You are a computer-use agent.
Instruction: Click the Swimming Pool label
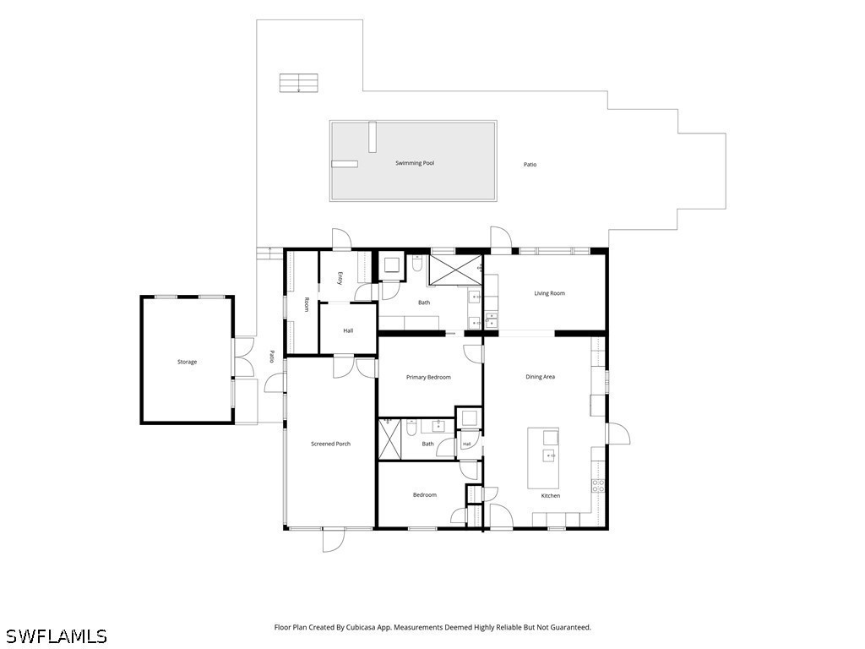[415, 163]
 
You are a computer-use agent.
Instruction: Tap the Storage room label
[187, 362]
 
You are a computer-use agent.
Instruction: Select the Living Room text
[549, 293]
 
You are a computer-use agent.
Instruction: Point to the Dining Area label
[540, 377]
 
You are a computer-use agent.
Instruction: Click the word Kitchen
[550, 496]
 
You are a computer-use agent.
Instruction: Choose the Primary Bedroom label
[428, 378]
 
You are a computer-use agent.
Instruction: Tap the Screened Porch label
[330, 444]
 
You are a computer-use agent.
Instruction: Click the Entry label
[340, 279]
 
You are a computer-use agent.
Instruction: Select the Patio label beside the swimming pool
[530, 165]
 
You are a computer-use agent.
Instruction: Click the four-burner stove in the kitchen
[598, 486]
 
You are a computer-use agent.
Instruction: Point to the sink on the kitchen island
[549, 455]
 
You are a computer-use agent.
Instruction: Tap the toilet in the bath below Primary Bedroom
[411, 428]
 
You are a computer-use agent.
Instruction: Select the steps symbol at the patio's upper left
[298, 83]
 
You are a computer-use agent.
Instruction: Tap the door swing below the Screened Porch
[335, 540]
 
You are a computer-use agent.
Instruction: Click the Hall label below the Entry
[348, 331]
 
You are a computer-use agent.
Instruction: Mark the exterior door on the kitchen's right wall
[618, 434]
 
